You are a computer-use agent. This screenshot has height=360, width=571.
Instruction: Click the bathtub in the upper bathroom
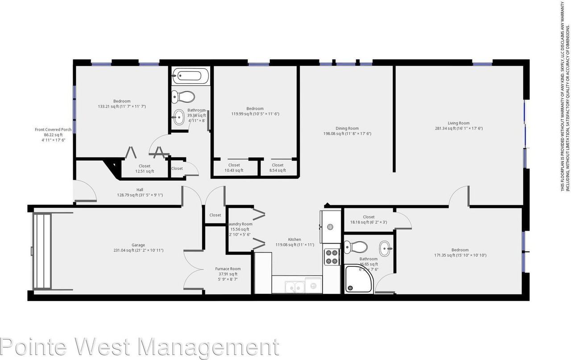pyautogui.click(x=190, y=76)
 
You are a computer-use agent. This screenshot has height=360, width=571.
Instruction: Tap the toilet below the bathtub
pyautogui.click(x=184, y=96)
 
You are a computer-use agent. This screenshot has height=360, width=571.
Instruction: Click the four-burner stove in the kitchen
pyautogui.click(x=331, y=257)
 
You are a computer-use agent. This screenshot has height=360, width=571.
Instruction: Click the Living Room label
pyautogui.click(x=459, y=126)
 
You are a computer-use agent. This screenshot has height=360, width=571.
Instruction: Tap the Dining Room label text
pyautogui.click(x=347, y=131)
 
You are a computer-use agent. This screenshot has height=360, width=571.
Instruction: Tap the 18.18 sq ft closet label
pyautogui.click(x=368, y=219)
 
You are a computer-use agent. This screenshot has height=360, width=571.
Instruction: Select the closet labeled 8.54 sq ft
pyautogui.click(x=277, y=168)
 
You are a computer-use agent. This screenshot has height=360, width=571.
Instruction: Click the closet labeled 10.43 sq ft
pyautogui.click(x=234, y=168)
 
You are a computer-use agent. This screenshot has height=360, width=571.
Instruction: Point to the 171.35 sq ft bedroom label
pyautogui.click(x=460, y=252)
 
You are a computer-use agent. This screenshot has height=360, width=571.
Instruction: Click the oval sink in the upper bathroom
pyautogui.click(x=179, y=117)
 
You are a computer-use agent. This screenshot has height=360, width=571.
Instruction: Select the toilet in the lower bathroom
pyautogui.click(x=358, y=247)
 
